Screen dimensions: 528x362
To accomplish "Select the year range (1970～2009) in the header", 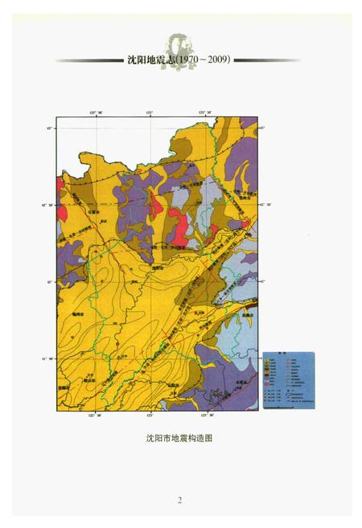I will pos(204,59).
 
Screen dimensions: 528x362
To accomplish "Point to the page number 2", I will pos(180,500).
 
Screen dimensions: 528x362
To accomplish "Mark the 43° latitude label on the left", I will pos(49,128).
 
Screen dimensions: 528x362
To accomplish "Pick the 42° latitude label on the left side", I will pos(49,281).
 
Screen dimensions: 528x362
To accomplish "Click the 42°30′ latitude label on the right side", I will pos(267,204).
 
